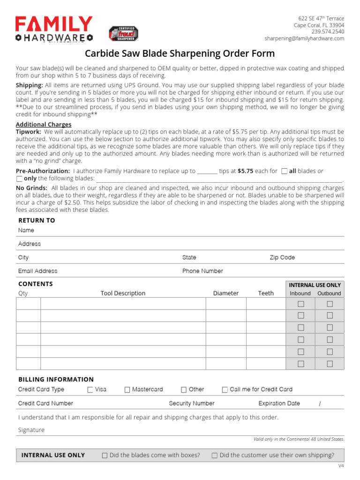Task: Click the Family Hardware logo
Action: [54, 29]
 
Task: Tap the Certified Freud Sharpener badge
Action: [123, 34]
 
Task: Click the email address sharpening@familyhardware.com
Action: [304, 38]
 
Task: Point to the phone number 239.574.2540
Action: [328, 32]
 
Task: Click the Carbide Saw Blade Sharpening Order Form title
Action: [180, 53]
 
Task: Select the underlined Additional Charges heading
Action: [44, 125]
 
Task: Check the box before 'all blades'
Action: [284, 172]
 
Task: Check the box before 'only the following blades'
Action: [19, 179]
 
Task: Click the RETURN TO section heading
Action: [37, 220]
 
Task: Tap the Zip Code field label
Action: [282, 257]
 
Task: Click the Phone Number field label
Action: [202, 271]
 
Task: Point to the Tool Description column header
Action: [123, 293]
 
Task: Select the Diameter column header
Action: [225, 293]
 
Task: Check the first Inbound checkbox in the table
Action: [301, 303]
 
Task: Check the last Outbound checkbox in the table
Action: [330, 364]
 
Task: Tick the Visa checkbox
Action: [90, 390]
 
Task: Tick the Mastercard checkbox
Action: [127, 390]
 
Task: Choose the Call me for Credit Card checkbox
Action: [225, 390]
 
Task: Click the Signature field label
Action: [31, 430]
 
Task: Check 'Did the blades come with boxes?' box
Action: [105, 455]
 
